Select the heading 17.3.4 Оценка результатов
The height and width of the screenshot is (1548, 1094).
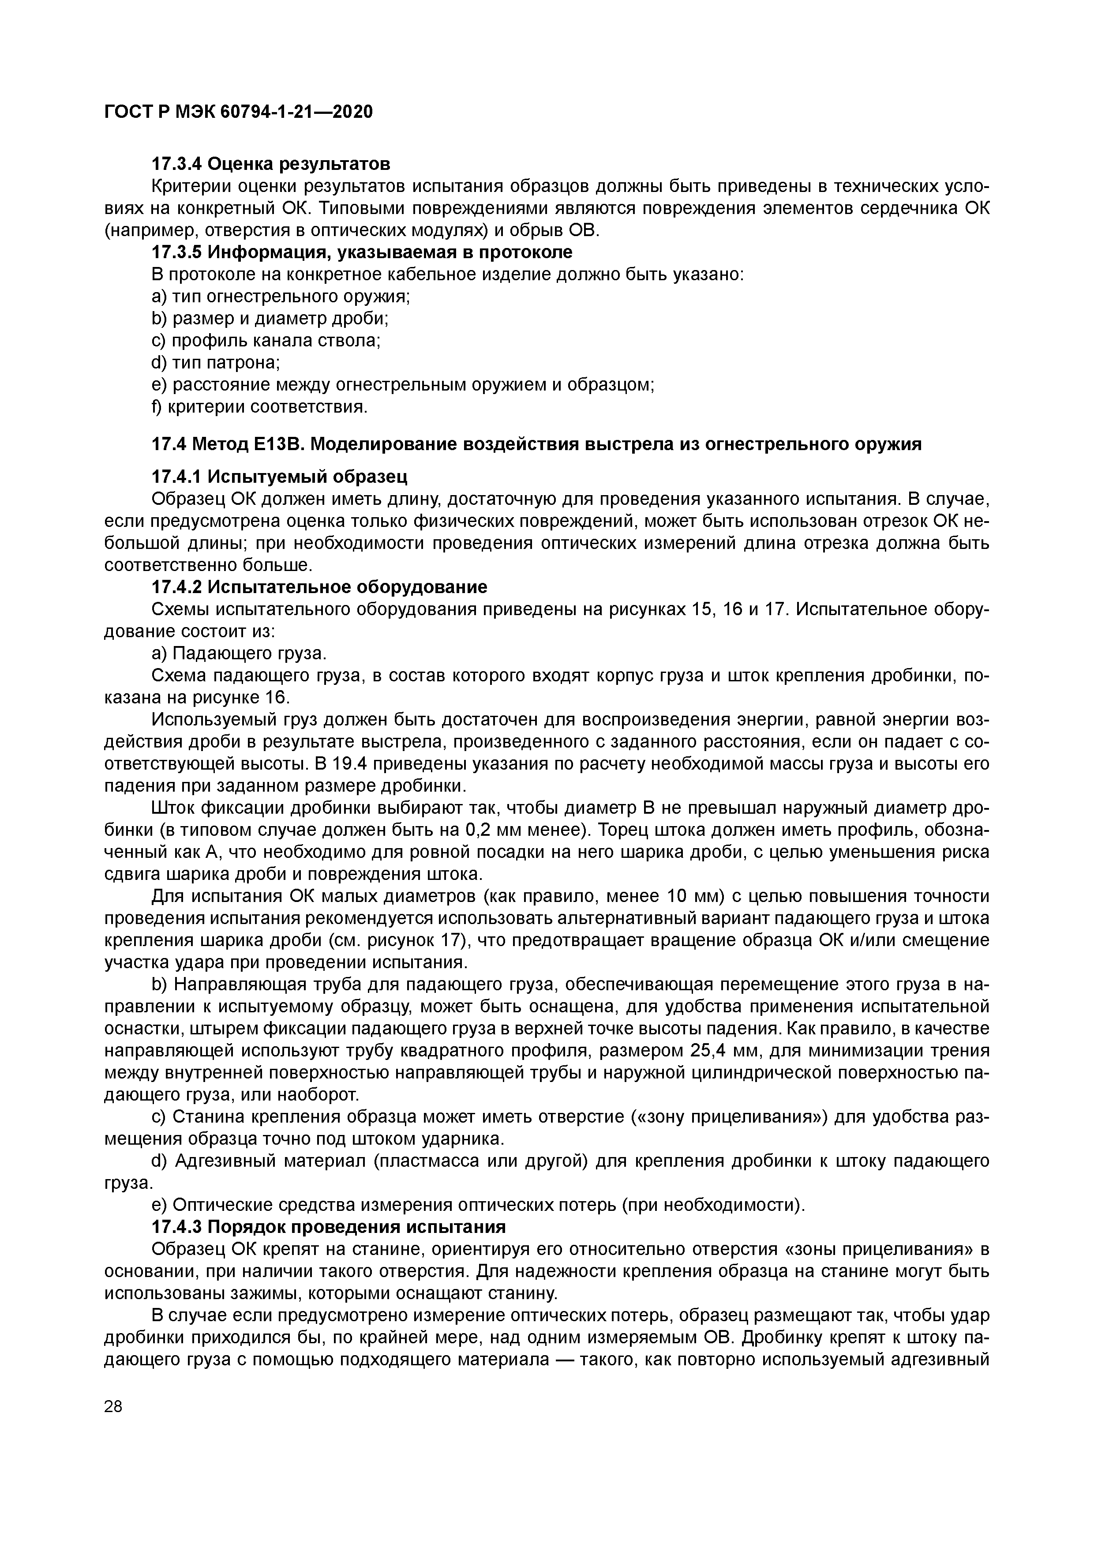click(x=270, y=164)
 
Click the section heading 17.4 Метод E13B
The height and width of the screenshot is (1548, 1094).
click(x=536, y=444)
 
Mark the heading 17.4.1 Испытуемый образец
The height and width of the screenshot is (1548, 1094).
click(x=279, y=477)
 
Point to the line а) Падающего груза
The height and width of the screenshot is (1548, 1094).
click(x=239, y=654)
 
